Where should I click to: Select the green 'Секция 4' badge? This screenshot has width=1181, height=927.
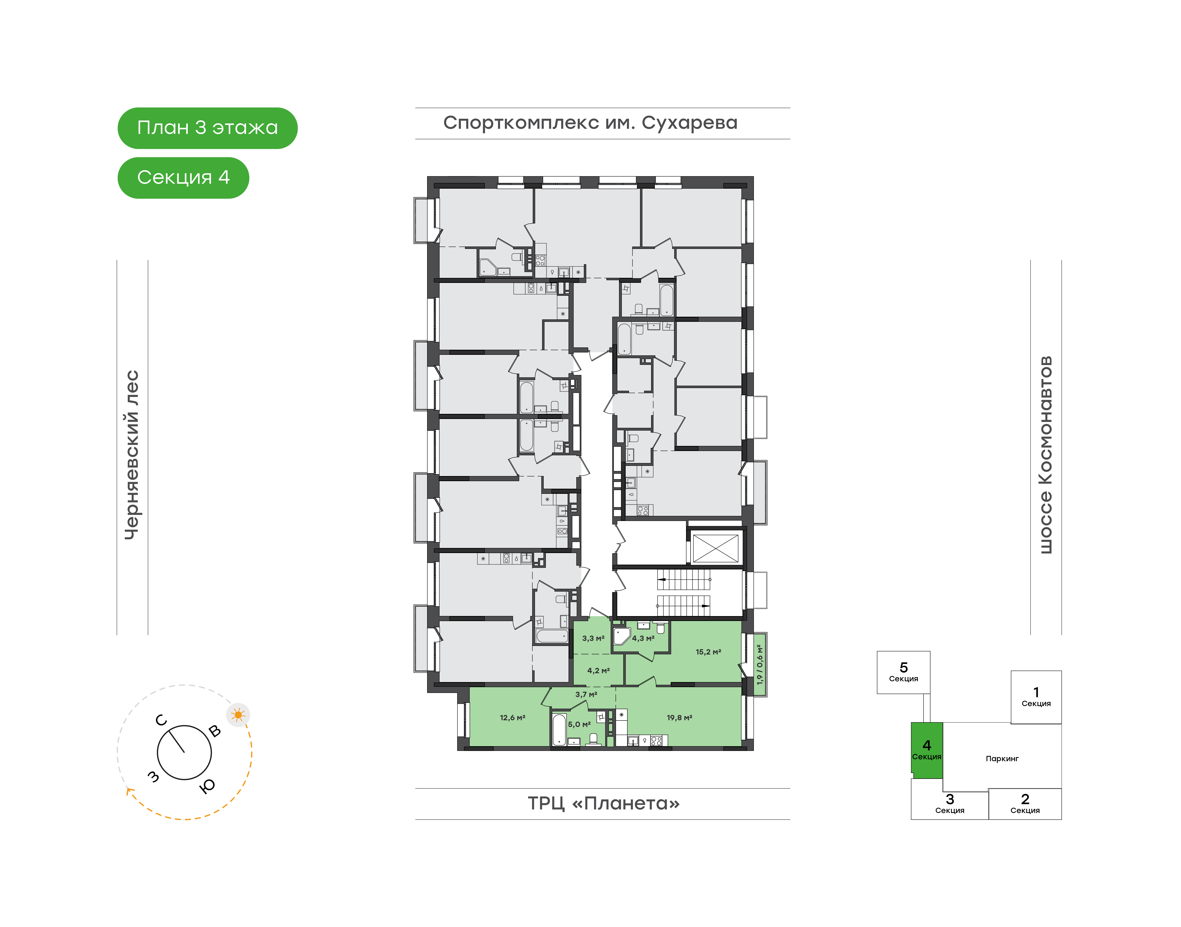[183, 177]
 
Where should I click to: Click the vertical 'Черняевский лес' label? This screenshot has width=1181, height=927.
[132, 455]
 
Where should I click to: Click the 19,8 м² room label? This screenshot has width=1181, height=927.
[679, 717]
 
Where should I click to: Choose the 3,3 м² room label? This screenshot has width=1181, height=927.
[593, 638]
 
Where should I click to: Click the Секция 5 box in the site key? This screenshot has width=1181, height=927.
[903, 672]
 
